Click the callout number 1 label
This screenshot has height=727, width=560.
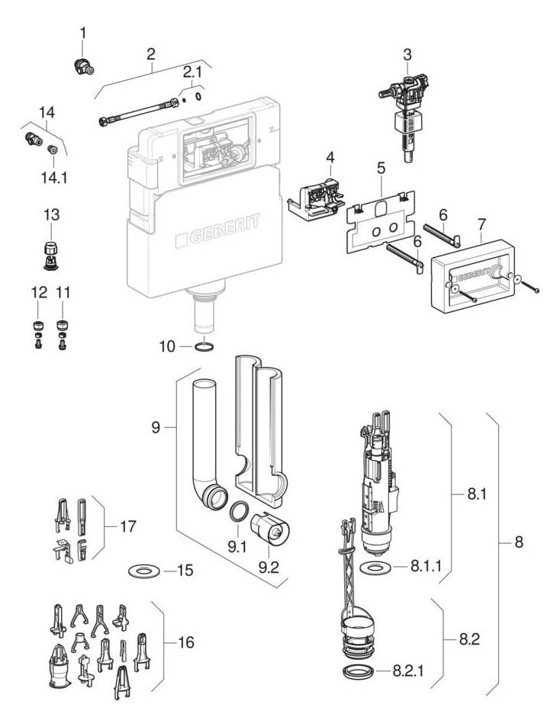(84, 33)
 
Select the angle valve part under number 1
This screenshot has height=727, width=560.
(84, 66)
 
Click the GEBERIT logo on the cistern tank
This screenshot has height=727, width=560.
(217, 230)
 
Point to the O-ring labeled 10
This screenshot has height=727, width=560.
(204, 348)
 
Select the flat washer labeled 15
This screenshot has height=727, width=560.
(143, 570)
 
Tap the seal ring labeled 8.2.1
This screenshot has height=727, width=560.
(358, 672)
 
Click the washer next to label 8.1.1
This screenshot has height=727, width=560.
(375, 567)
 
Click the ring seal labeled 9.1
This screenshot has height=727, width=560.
(238, 510)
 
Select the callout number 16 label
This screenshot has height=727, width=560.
(185, 643)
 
